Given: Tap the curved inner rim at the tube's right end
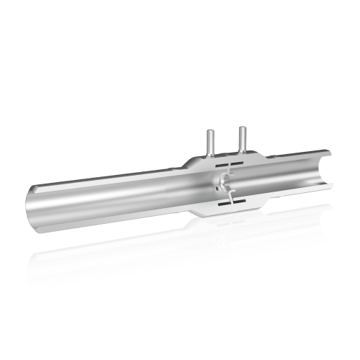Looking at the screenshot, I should coord(324,173).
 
